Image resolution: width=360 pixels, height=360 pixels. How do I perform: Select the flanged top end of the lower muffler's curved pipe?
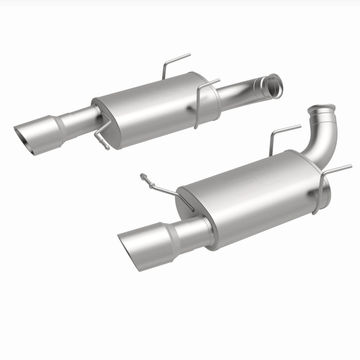tap(322, 109)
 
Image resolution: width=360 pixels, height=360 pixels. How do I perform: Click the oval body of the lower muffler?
tap(252, 193)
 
